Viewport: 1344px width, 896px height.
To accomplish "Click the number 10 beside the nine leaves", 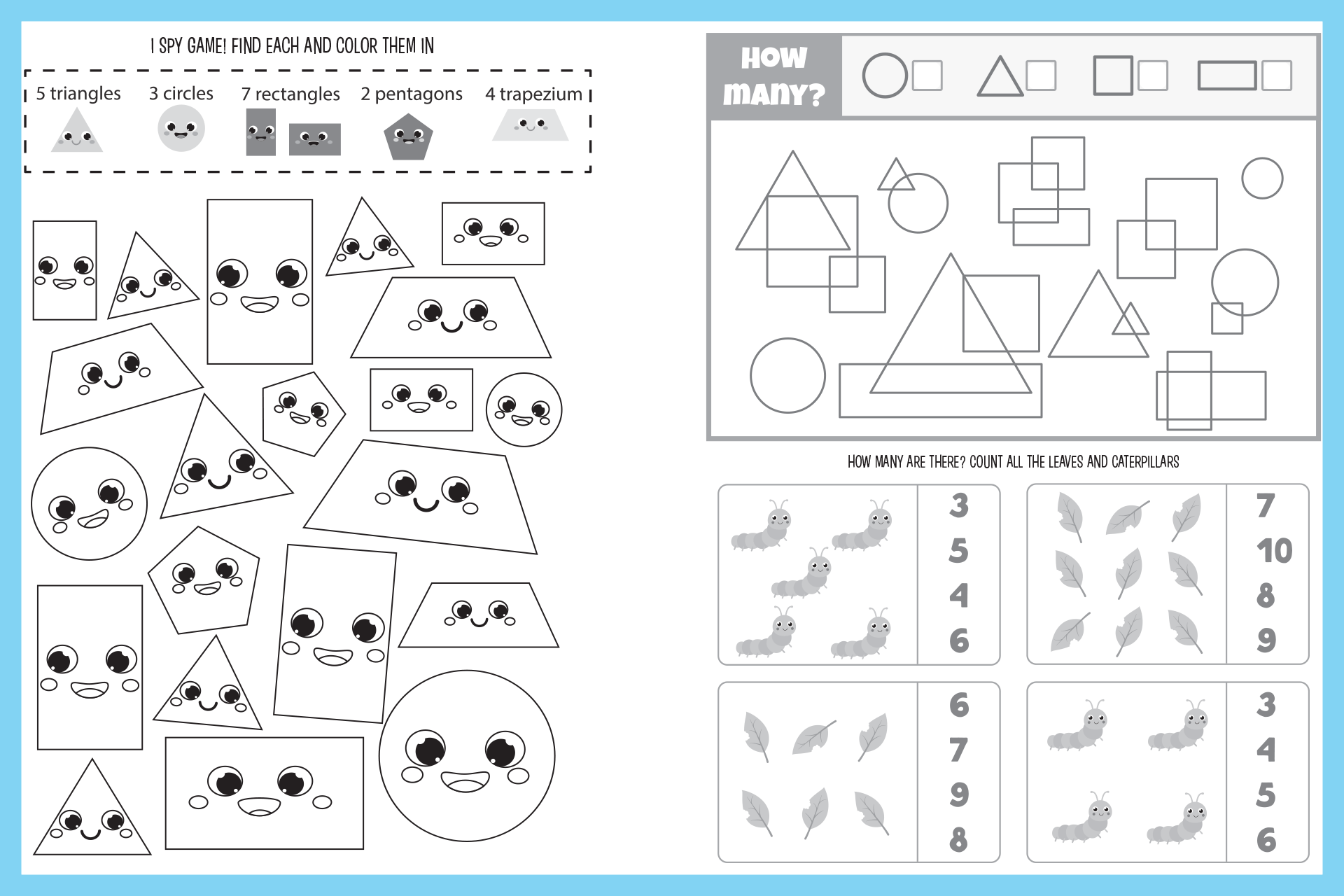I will [1274, 551].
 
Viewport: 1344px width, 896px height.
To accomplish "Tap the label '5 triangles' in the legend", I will [78, 94].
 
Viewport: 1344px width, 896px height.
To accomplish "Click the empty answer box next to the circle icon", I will [927, 76].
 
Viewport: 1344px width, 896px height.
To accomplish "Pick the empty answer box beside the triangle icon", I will [1041, 76].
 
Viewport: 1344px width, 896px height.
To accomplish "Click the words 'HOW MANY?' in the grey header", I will [773, 76].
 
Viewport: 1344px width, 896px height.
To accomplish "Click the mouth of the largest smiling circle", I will [465, 780].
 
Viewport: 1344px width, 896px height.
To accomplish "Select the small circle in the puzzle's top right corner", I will [1262, 178].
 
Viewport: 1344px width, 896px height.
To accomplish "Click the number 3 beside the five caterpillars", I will [959, 505].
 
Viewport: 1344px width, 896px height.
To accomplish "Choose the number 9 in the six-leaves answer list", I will [959, 794].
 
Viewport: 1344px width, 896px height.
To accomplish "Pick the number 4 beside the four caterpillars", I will [1266, 750].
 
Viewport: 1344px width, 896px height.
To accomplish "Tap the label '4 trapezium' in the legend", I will [534, 94].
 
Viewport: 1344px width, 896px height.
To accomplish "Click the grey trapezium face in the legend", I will [530, 127].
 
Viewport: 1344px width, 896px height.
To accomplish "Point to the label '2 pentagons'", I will [412, 94].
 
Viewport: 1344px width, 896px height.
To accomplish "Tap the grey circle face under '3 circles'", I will [181, 129].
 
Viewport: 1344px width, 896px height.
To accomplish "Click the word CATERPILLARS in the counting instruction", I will [1145, 462].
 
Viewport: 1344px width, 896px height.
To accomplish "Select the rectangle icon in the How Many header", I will [1226, 76].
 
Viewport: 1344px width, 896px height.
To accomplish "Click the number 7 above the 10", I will [1266, 505].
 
